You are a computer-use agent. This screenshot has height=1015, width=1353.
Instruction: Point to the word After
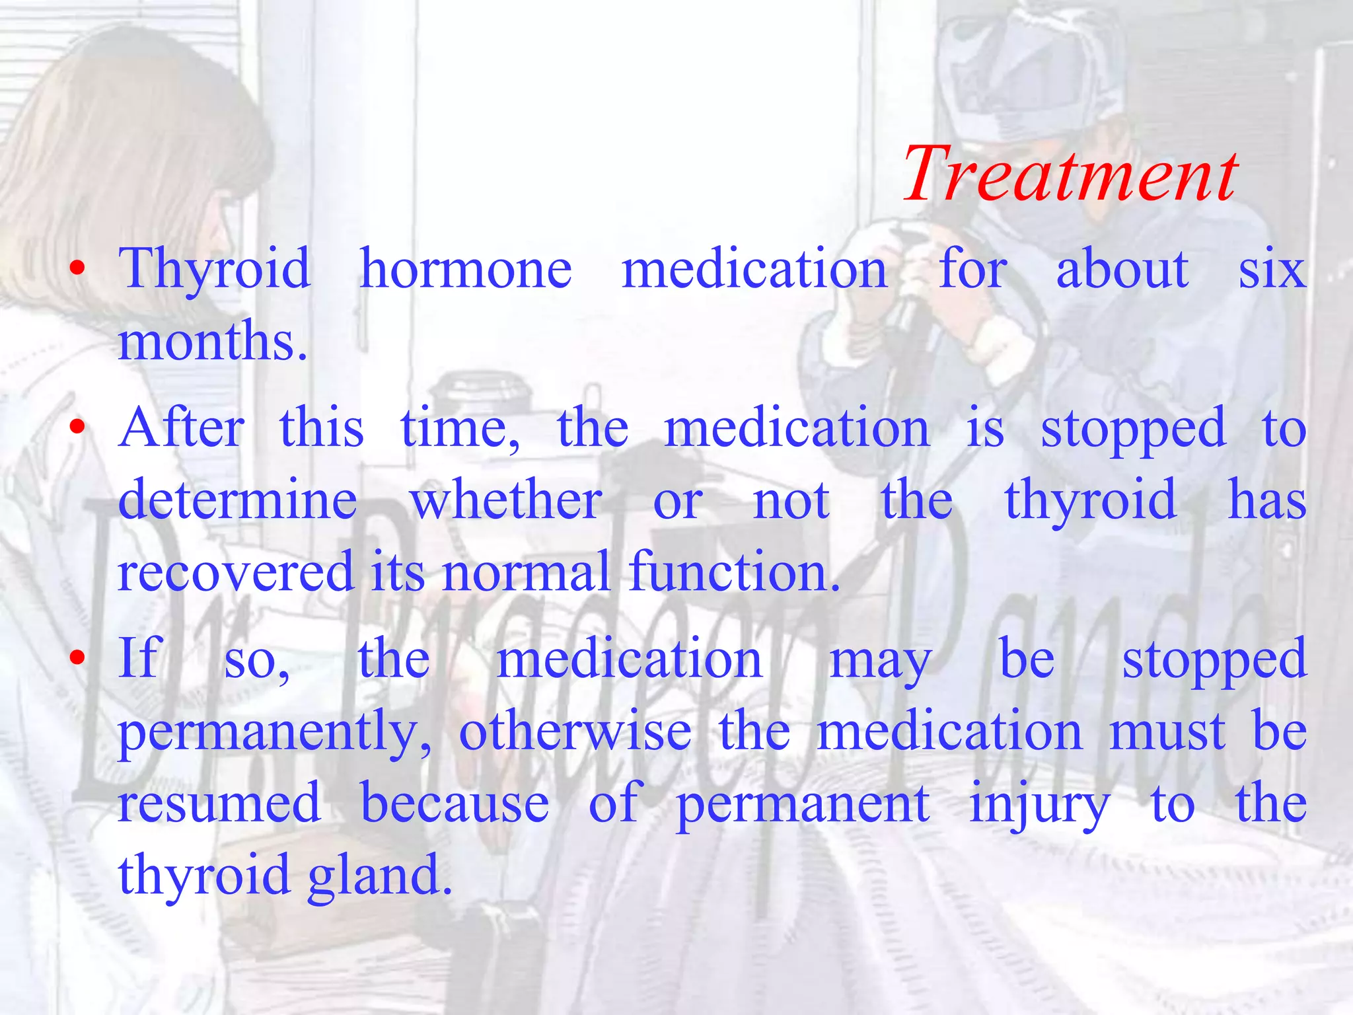tap(182, 428)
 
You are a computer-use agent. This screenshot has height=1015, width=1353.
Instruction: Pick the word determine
tap(238, 500)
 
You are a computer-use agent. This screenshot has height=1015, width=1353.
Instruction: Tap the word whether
tap(506, 500)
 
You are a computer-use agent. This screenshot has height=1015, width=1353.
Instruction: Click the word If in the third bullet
tap(139, 658)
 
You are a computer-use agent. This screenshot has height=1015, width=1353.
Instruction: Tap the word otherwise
tap(575, 731)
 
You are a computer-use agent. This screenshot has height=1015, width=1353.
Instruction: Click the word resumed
tap(219, 803)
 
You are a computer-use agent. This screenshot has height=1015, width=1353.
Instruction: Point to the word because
tap(455, 803)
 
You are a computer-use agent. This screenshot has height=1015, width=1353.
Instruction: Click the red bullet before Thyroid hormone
tap(78, 268)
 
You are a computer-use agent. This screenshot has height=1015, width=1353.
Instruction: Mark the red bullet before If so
tap(78, 658)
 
